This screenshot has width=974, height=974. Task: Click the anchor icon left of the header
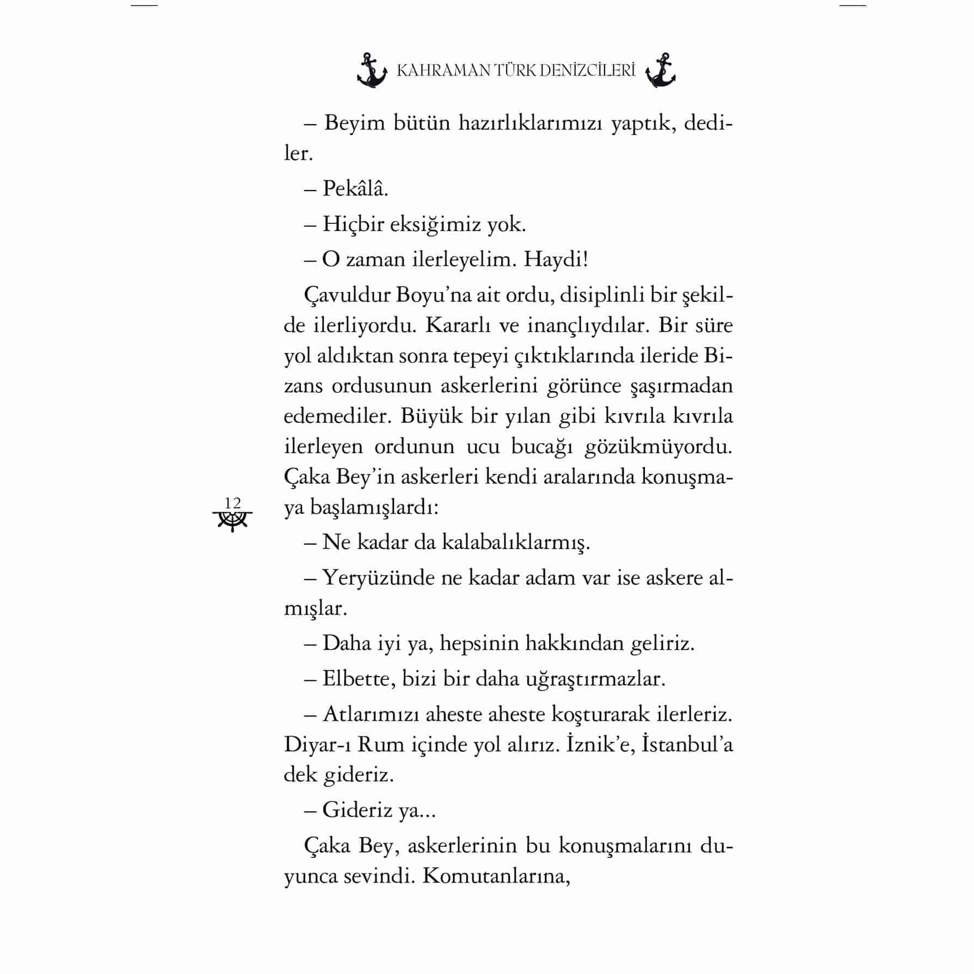tap(372, 71)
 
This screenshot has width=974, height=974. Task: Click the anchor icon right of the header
tap(660, 71)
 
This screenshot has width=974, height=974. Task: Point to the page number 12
tap(233, 503)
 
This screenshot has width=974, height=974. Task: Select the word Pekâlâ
tap(355, 189)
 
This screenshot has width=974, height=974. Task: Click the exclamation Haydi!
tap(556, 260)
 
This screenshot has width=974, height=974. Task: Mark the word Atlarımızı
tap(371, 715)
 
